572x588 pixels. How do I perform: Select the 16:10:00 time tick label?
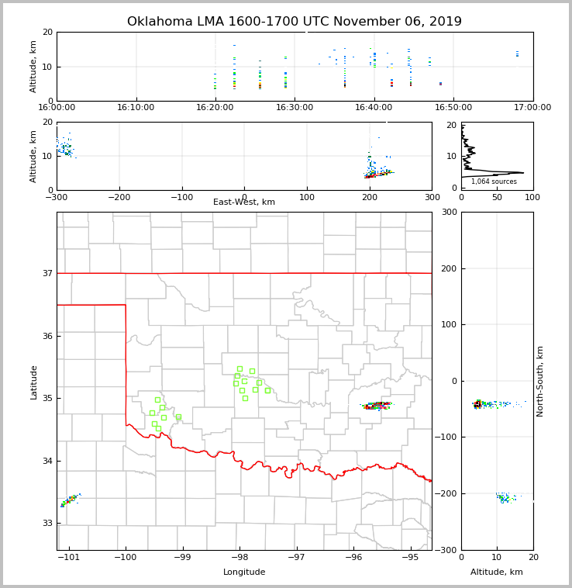point(136,107)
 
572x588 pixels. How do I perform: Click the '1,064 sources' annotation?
point(494,182)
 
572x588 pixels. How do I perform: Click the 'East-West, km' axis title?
point(244,202)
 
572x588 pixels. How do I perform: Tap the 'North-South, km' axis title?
point(540,381)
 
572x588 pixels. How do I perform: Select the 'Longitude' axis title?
point(244,572)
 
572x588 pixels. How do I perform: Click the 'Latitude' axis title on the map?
point(33,382)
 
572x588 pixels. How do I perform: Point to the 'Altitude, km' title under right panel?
point(497,572)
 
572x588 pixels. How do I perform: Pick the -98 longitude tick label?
point(239,558)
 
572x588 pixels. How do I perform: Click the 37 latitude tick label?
point(47,273)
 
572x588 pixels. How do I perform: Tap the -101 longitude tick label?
point(68,558)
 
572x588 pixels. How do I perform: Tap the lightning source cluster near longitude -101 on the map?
point(69,500)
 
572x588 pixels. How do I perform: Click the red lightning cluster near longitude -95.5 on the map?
point(377,405)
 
